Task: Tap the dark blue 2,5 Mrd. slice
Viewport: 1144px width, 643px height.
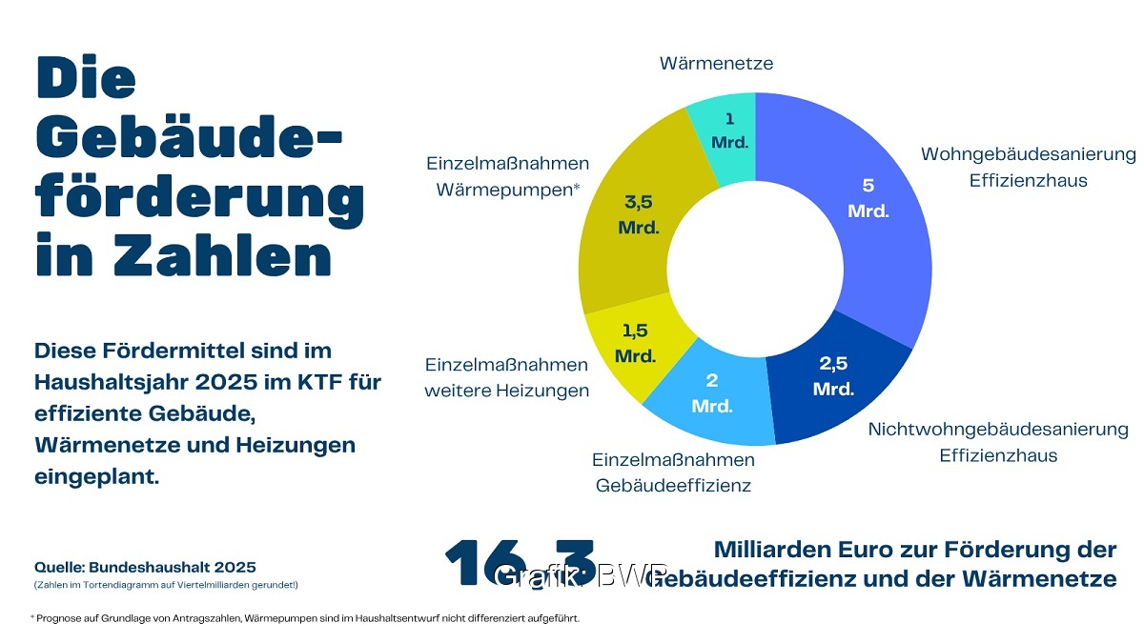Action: point(834,381)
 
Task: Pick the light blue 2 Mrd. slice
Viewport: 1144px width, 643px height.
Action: point(710,400)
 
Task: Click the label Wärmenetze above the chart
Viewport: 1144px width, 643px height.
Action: point(716,64)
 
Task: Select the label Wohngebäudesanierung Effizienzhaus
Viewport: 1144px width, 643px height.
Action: point(1028,167)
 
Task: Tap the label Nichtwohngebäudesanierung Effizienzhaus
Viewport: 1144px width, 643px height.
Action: point(997,442)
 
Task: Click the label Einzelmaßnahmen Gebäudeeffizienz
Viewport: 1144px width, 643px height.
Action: point(673,472)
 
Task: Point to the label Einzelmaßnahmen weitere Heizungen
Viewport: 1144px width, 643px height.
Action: point(506,378)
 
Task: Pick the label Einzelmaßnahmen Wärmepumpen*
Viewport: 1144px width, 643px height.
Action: point(507,176)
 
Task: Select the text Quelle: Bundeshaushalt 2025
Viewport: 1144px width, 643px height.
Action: point(145,566)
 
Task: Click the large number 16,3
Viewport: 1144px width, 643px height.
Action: point(520,564)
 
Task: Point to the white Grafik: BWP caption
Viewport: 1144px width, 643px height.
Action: point(582,575)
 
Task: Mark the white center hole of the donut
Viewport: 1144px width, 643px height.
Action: point(755,269)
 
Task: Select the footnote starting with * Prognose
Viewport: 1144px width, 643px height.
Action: point(305,618)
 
